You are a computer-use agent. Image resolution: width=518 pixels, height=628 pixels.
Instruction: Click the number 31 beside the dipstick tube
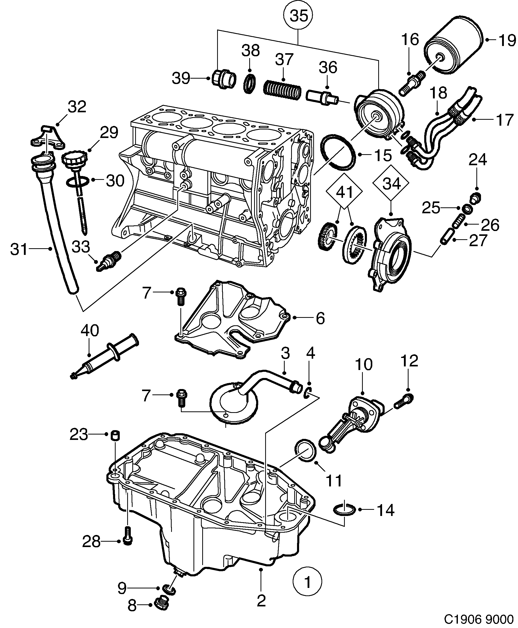coord(19,250)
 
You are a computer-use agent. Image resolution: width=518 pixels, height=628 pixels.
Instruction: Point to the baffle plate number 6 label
coord(320,318)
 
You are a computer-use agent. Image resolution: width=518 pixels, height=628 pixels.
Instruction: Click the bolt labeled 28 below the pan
coord(128,539)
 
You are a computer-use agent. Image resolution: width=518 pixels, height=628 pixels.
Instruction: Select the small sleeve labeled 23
coord(115,436)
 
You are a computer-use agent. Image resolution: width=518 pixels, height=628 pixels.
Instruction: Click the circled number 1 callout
coord(307,582)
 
